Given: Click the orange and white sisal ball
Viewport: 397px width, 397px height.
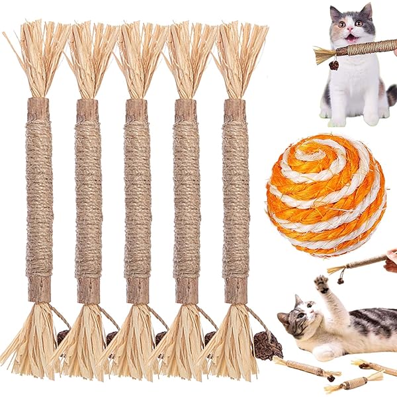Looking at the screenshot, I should (x=326, y=196).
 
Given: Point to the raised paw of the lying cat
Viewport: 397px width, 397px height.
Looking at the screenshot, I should (x=322, y=284).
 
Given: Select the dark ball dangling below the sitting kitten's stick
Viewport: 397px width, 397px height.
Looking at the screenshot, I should (x=334, y=66).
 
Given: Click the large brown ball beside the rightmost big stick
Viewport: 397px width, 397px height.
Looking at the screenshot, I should (x=269, y=345).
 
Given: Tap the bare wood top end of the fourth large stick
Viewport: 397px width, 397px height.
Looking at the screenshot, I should (x=185, y=109).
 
